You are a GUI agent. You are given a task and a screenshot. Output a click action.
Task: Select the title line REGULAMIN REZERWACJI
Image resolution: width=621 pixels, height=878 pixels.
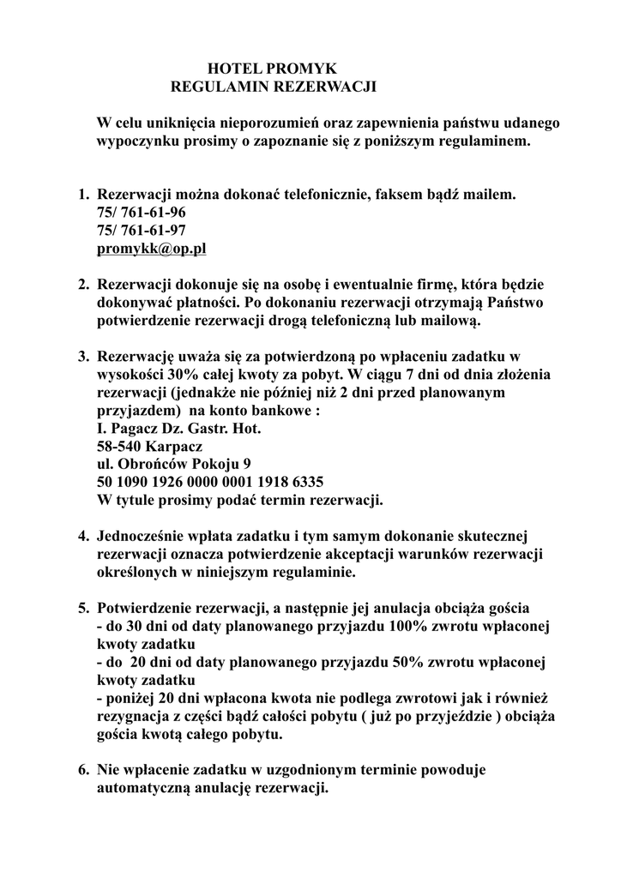click(274, 87)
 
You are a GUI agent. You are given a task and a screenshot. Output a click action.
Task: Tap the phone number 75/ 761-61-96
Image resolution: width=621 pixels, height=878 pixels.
click(141, 213)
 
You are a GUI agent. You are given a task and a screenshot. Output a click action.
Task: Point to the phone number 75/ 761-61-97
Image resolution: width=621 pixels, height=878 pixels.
click(141, 231)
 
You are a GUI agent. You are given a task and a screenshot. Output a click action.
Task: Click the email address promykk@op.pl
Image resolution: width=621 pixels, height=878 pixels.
click(152, 249)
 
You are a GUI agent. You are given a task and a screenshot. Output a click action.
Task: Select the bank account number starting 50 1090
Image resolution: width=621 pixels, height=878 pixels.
click(210, 481)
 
